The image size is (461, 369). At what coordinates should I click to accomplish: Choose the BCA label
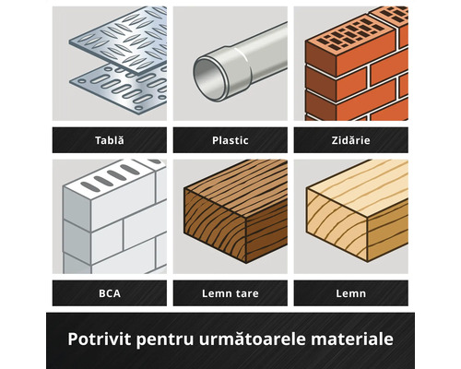coord(110,293)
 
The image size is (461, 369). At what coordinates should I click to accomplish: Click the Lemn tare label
coord(230,293)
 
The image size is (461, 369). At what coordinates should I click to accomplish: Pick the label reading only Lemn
coord(350,293)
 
